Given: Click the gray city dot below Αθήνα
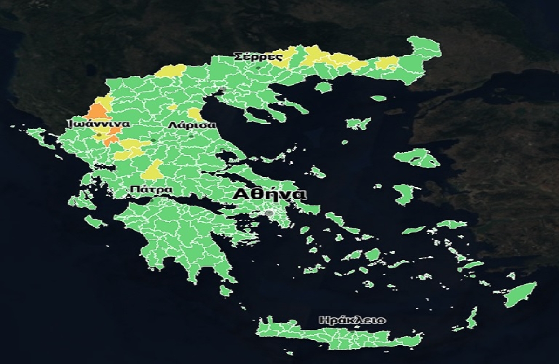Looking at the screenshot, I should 269,213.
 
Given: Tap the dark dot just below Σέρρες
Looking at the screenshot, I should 258,68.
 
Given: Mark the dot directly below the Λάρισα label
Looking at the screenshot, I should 191,136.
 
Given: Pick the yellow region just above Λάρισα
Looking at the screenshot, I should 195,115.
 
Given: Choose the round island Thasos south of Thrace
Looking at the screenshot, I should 323,87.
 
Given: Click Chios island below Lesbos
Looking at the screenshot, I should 402,193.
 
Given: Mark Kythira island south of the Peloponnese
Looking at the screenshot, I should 225,290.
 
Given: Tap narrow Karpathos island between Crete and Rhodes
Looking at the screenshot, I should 472,318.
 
